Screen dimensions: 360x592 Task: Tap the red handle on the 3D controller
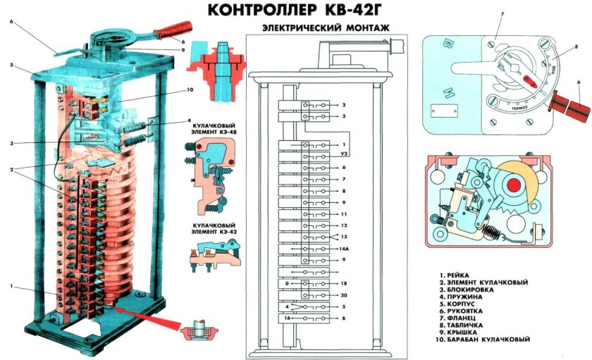(172, 30)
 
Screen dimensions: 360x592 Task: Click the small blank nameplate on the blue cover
(443, 113)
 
